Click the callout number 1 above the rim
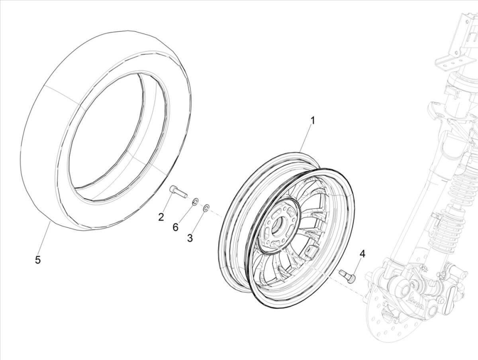pyautogui.click(x=313, y=121)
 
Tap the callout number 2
pyautogui.click(x=161, y=217)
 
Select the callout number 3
pyautogui.click(x=190, y=238)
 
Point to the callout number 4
pyautogui.click(x=362, y=254)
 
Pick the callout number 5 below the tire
pyautogui.click(x=38, y=260)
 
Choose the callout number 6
pyautogui.click(x=176, y=227)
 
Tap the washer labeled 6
pyautogui.click(x=195, y=202)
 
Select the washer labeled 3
pyautogui.click(x=206, y=208)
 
